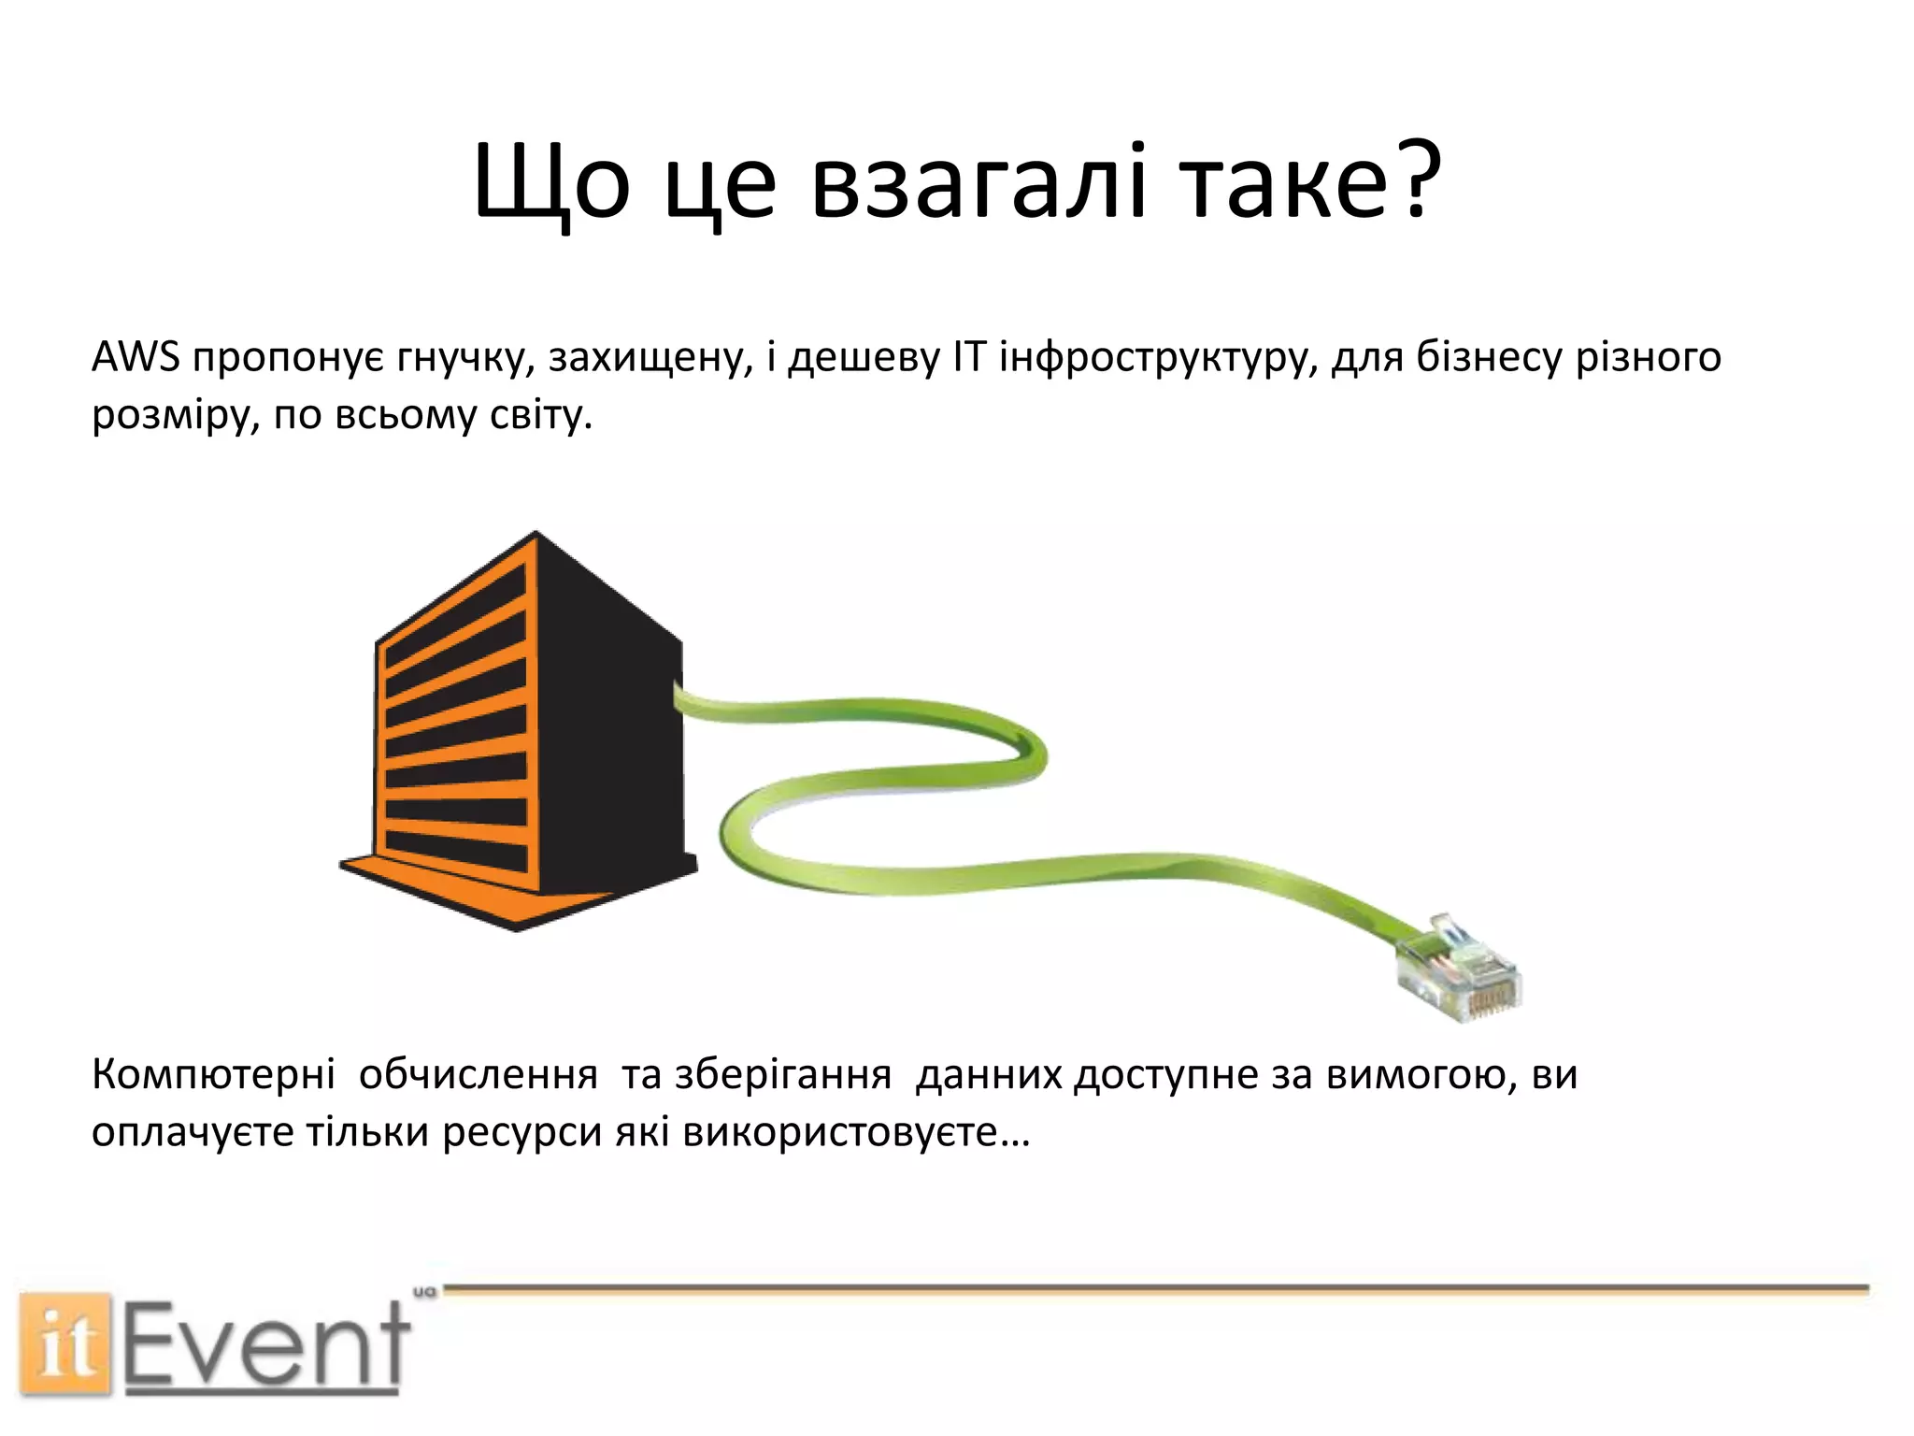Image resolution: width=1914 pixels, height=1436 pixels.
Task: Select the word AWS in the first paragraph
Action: pos(136,357)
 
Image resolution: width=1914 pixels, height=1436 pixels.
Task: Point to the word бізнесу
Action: pos(1489,357)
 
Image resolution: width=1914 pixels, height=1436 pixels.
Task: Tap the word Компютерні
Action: pos(213,1075)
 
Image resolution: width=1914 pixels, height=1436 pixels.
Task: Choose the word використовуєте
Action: pos(841,1133)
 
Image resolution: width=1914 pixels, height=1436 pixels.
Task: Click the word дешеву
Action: pos(864,357)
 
